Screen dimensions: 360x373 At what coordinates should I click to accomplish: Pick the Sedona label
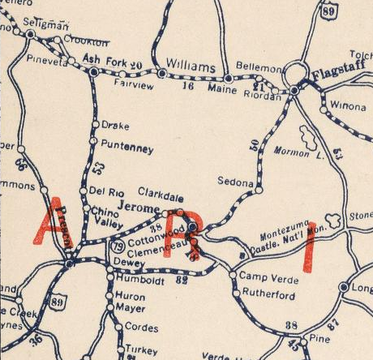click(237, 183)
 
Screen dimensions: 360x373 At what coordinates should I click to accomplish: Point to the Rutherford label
click(268, 296)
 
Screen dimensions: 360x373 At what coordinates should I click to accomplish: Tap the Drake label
click(111, 126)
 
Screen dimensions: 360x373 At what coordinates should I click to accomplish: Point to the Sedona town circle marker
click(259, 190)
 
